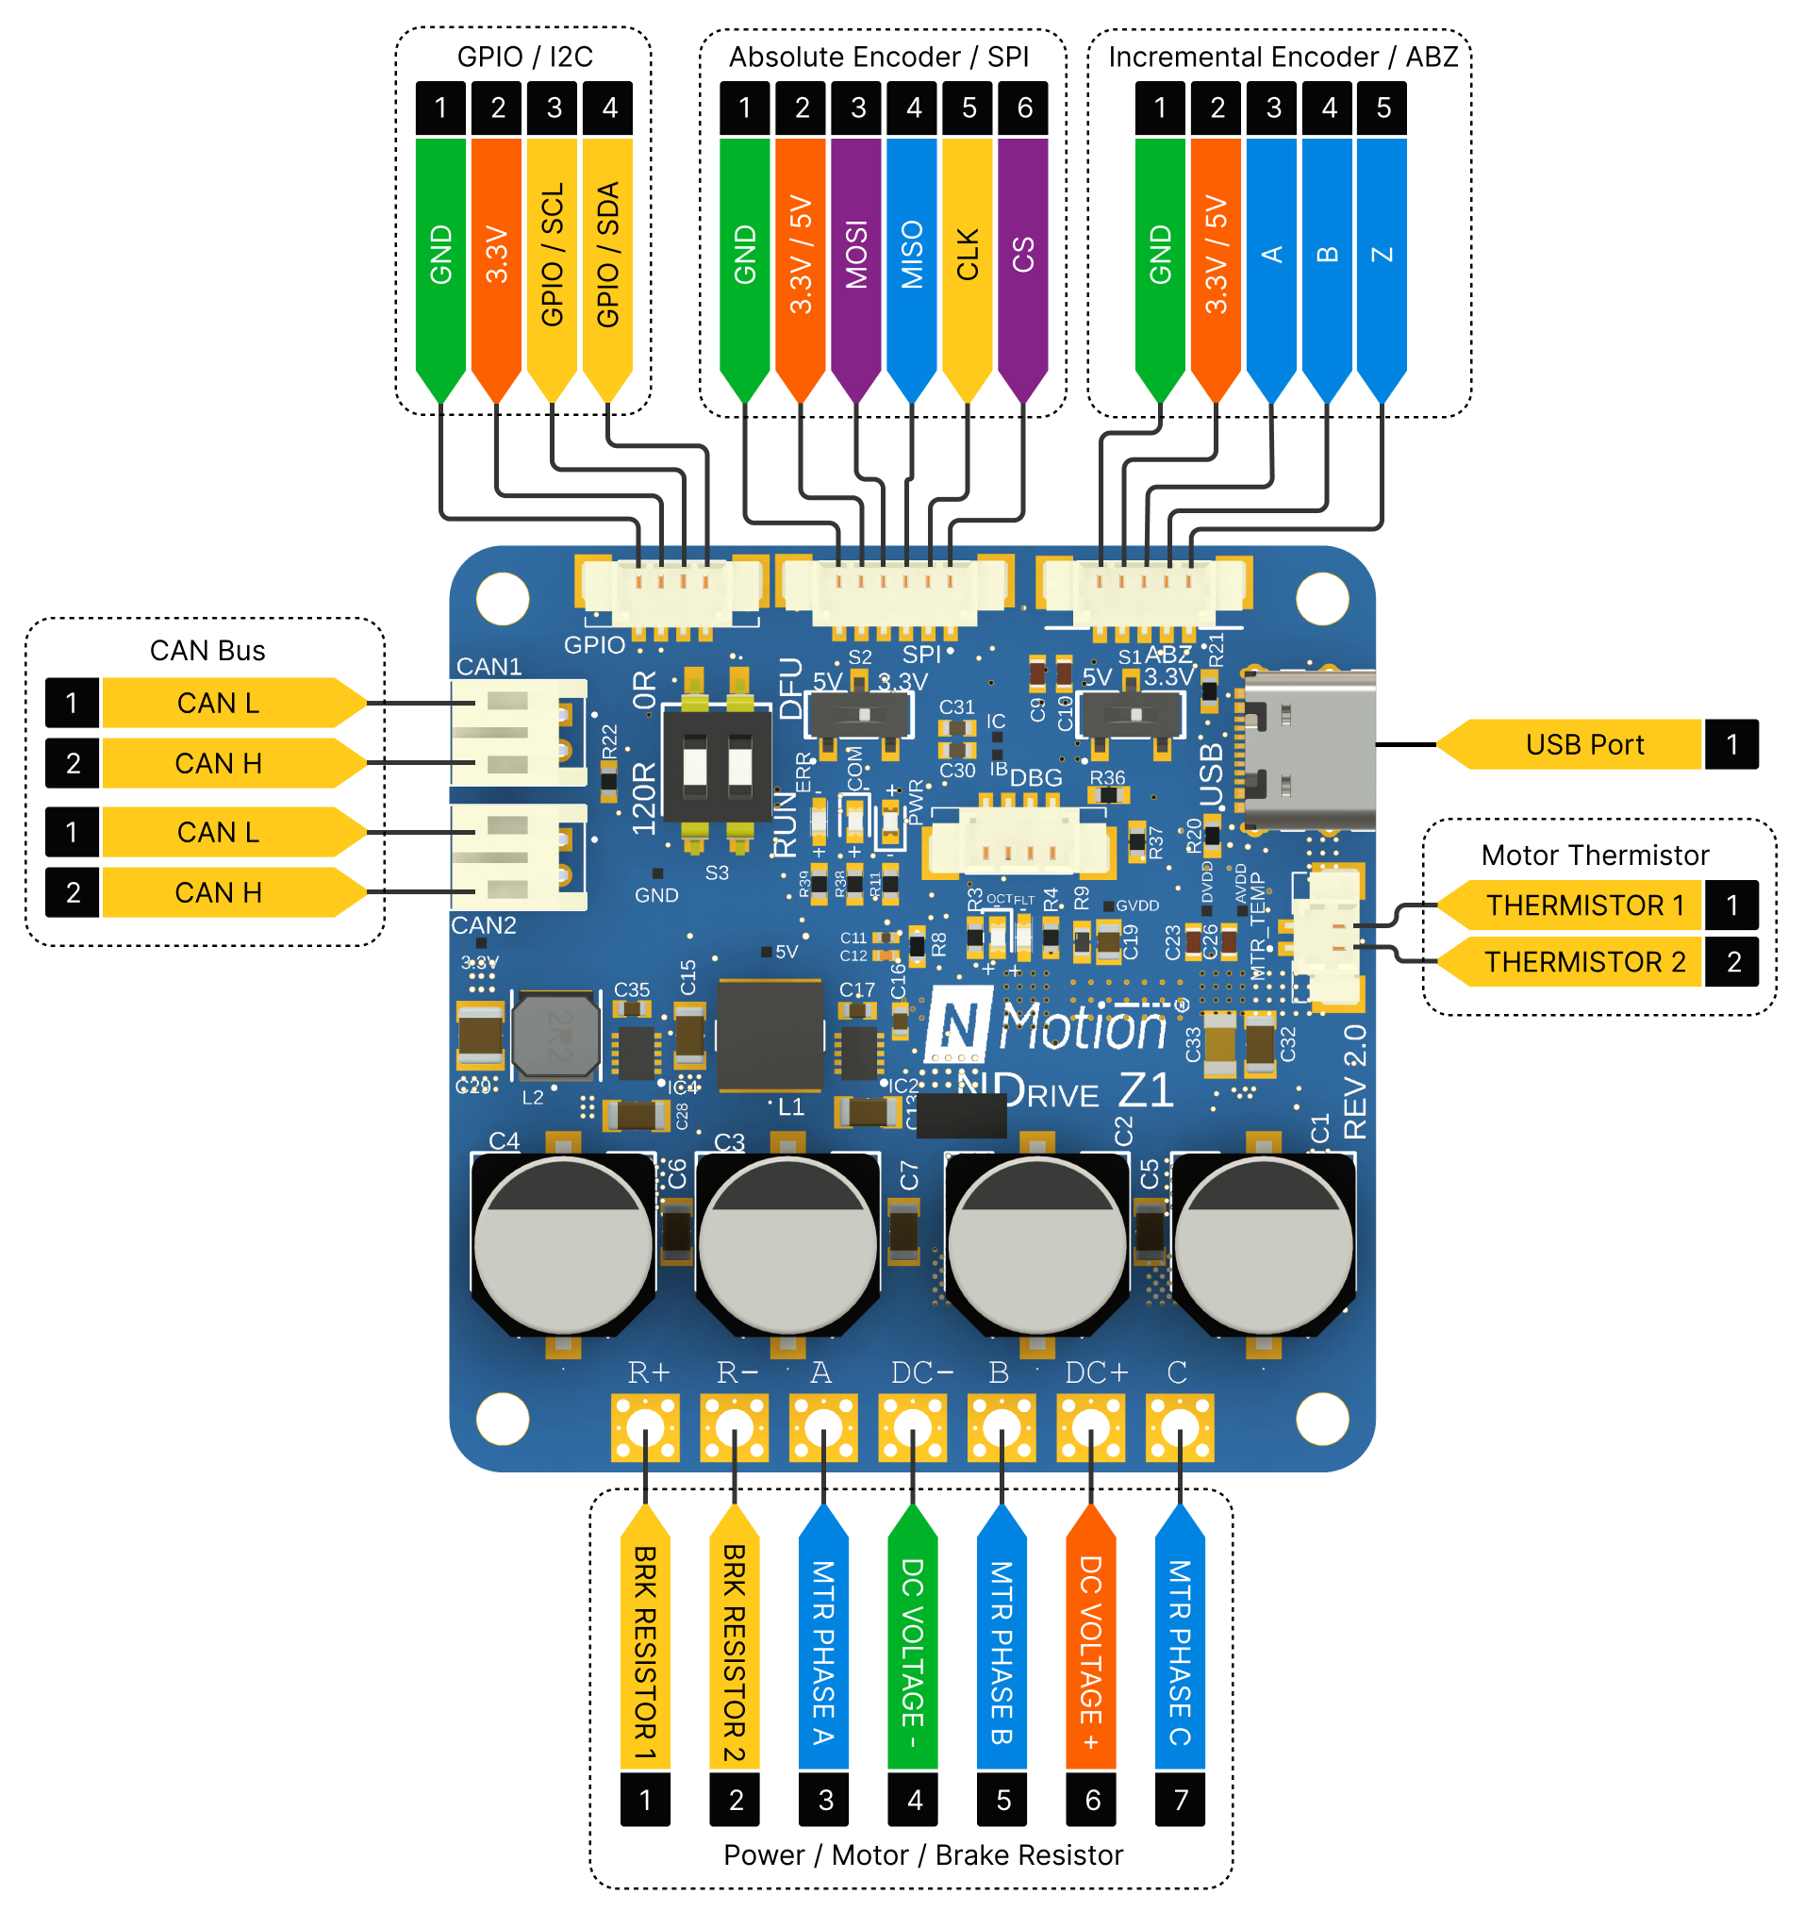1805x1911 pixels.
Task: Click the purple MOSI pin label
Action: [855, 255]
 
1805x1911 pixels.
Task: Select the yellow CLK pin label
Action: [967, 255]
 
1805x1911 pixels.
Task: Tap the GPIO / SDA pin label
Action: [607, 255]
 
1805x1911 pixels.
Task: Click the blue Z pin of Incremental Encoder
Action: [1382, 255]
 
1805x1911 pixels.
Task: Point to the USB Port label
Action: [1582, 744]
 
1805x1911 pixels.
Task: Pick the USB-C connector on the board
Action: [1309, 751]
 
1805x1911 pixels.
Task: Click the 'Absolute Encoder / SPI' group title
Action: [878, 57]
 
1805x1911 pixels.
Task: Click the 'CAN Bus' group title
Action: [207, 651]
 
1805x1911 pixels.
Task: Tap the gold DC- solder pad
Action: [912, 1427]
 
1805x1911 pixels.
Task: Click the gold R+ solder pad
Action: [645, 1427]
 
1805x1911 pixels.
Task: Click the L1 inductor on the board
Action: [770, 1035]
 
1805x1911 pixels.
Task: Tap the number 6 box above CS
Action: [1024, 108]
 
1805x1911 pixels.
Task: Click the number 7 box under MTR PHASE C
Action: [1180, 1800]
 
